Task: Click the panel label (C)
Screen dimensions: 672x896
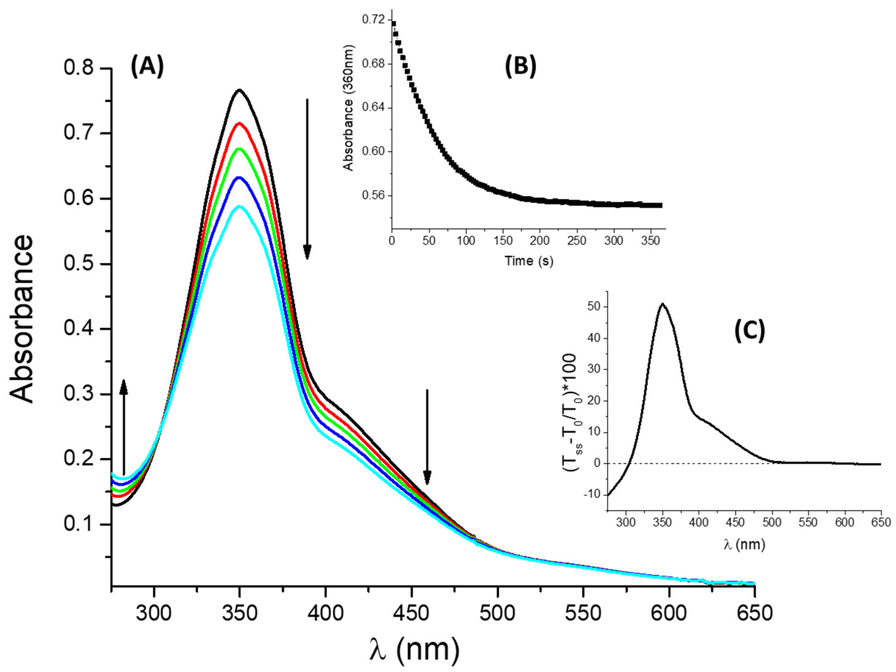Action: pos(750,331)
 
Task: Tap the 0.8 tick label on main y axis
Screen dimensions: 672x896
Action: pos(78,68)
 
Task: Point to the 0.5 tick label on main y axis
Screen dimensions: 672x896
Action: pos(78,264)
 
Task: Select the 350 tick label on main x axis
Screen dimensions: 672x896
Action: pos(239,613)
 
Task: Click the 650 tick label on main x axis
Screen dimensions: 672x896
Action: pos(754,613)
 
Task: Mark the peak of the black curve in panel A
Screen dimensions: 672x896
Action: pos(239,90)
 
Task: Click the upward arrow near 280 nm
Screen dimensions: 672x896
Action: pos(124,425)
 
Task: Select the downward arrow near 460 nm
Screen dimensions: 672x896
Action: pos(427,437)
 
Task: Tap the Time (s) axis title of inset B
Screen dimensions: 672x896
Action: pos(529,261)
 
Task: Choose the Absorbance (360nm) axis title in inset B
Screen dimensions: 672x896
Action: pos(348,108)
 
